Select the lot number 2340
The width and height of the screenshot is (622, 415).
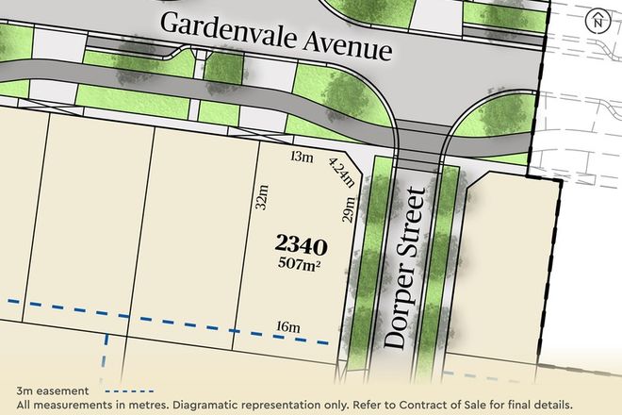[x=302, y=247]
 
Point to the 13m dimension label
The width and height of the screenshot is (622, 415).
[x=302, y=158]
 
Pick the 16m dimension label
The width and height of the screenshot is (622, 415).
[x=287, y=327]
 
